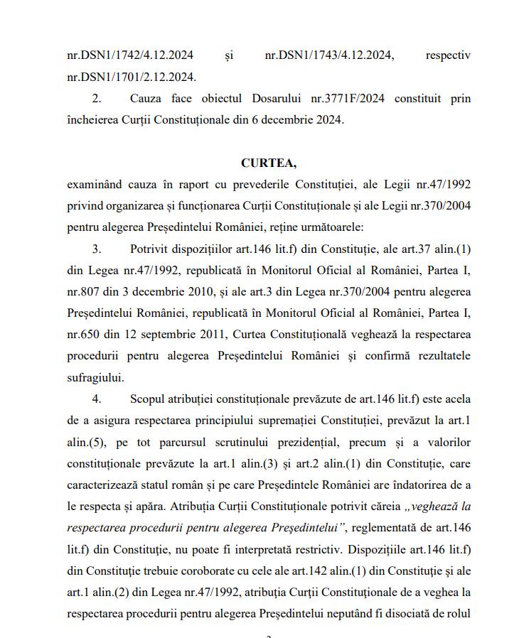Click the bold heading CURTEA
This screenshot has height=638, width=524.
point(268,163)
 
